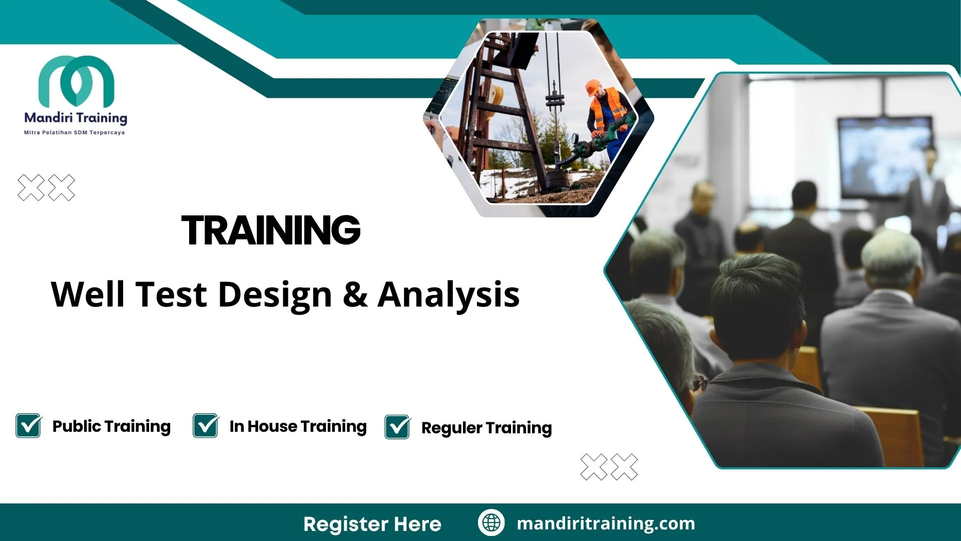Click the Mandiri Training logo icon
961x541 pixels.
76,80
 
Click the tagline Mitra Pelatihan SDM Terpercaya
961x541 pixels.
75,133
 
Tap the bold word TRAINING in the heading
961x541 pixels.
271,230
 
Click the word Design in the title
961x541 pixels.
275,295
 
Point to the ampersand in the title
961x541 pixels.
355,295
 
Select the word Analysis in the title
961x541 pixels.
448,295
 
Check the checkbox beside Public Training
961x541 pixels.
29,426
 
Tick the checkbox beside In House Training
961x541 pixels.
206,426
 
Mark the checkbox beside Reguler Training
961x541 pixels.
397,427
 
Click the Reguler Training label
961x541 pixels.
487,428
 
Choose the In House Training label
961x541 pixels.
298,426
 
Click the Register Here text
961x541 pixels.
372,524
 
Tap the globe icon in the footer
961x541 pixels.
491,523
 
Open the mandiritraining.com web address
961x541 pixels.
606,523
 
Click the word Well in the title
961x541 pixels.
88,295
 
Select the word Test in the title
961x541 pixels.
171,295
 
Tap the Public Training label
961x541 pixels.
112,426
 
